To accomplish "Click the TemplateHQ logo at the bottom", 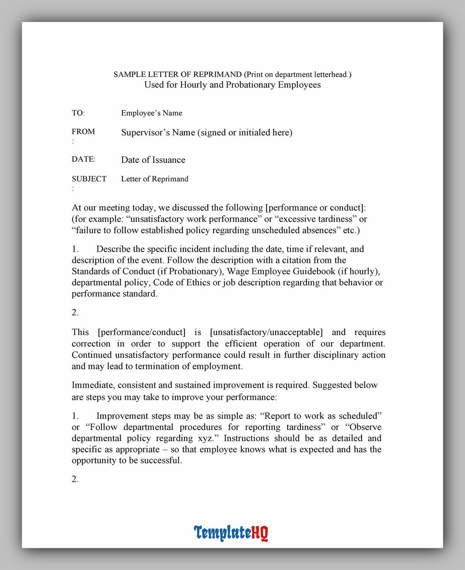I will pos(231,533).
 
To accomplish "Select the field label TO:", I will pos(78,113).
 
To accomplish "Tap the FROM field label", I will pos(83,132).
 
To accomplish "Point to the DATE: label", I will pos(83,159).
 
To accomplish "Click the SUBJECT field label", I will pos(89,179).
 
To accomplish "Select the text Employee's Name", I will pos(152,113).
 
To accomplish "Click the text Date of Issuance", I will pos(153,160).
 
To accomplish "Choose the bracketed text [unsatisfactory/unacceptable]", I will pos(266,332).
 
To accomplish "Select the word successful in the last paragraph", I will pos(161,460).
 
